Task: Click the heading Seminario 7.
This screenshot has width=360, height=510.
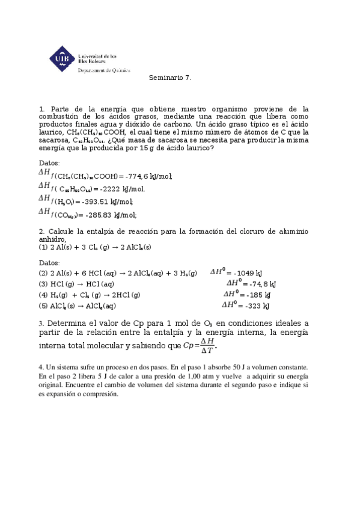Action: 170,78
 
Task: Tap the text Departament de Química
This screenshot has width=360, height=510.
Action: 104,70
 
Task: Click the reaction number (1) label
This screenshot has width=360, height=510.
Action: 43,247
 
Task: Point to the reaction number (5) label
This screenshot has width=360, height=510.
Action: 43,306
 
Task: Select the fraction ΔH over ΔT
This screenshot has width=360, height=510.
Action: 207,346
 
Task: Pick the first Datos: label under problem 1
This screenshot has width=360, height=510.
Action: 49,163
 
